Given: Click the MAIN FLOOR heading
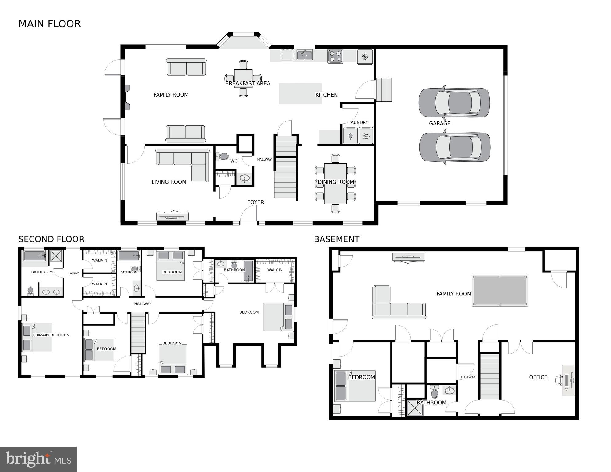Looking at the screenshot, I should pos(50,24).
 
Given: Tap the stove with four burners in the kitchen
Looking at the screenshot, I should pos(335,57).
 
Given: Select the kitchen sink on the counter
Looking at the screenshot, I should pos(304,55).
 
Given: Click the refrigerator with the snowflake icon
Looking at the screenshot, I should pos(365,57).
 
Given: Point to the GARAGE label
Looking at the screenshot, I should pos(439,123).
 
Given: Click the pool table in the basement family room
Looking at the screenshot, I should pos(500,291).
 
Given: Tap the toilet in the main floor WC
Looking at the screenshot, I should pos(223,156).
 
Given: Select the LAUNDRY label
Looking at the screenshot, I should pos(358,122).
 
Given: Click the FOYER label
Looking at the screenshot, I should pos(256,202).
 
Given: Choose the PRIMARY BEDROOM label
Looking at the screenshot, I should pos(51,335).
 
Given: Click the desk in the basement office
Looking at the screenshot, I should pos(569,380).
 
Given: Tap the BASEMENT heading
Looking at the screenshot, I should pos(336,239).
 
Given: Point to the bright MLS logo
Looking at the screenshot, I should pos(38,459).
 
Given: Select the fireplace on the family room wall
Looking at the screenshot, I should pos(127,97).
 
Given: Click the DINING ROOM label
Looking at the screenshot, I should pos(336,182).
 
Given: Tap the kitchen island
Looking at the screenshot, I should pos(300,93).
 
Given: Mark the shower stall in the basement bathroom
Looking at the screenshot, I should pos(415,408).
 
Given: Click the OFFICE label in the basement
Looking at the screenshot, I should pos(538,377).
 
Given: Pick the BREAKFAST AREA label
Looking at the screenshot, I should pos(248,83).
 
